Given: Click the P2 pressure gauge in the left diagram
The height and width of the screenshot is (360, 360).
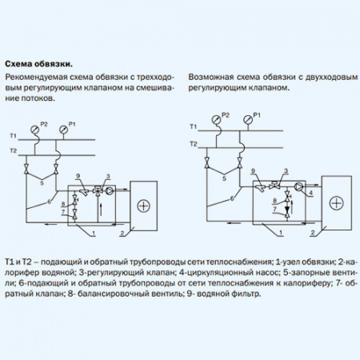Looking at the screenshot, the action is (x=34, y=130).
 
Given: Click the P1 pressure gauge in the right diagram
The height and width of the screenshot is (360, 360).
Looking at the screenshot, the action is (x=248, y=118).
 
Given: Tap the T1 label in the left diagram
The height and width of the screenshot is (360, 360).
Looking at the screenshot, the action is (x=14, y=136).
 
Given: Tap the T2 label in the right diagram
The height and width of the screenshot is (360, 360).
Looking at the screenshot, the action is (x=194, y=144).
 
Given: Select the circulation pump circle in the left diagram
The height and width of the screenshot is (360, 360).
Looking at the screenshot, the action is (x=110, y=190).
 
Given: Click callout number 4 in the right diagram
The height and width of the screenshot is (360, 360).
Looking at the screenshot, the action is (x=310, y=193).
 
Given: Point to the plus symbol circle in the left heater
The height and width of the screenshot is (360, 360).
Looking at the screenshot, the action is (x=144, y=206).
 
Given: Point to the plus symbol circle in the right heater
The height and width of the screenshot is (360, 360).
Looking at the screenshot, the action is (x=336, y=203).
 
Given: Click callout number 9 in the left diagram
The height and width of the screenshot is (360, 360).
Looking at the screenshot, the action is (x=78, y=176).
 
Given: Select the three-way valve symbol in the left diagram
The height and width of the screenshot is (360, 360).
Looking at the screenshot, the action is (x=98, y=190).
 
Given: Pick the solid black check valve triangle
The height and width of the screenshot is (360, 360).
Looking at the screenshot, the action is (x=287, y=209).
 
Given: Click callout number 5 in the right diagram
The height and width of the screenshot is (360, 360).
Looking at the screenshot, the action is (x=224, y=178).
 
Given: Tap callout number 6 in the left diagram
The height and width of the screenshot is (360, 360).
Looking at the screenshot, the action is (x=49, y=202).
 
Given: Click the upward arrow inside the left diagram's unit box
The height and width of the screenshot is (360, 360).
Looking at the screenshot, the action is (x=101, y=210).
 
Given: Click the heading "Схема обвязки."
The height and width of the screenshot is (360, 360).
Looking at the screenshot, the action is (x=39, y=64).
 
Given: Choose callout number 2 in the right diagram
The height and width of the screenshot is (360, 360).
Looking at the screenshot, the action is (x=313, y=233).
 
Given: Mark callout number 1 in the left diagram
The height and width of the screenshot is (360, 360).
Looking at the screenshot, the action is (x=94, y=234).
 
